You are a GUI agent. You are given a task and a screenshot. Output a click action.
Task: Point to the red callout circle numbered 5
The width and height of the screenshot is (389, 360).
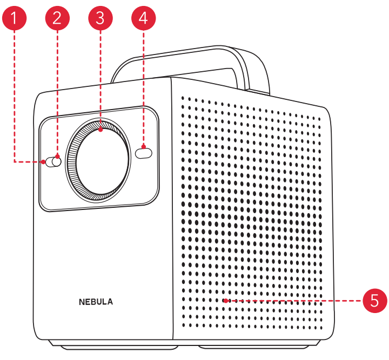pos(374,301)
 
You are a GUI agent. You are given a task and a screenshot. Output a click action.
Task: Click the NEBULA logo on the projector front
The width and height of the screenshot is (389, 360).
pos(96,302)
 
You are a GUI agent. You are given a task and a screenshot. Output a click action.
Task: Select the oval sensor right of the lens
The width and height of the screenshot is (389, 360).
pos(144,153)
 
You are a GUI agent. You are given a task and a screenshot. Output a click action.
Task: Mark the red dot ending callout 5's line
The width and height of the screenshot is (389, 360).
pos(225,301)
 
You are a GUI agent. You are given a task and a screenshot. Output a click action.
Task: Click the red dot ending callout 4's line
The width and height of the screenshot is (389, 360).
pos(143,146)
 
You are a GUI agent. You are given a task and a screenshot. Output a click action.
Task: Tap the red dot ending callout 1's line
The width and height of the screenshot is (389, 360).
pos(43,161)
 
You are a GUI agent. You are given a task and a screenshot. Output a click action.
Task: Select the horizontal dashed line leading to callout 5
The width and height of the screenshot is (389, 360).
pos(297,301)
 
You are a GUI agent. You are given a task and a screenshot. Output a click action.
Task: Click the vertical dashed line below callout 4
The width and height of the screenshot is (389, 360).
pos(143,86)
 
